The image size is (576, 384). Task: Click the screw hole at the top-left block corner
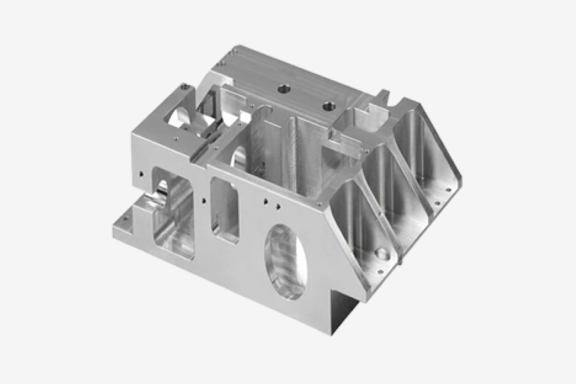coord(184,89)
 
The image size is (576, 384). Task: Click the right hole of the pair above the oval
coord(278,205)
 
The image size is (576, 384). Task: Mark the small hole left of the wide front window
coord(142,173)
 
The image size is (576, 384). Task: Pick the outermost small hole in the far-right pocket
coord(448,189)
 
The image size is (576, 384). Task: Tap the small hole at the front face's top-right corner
coord(320,204)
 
